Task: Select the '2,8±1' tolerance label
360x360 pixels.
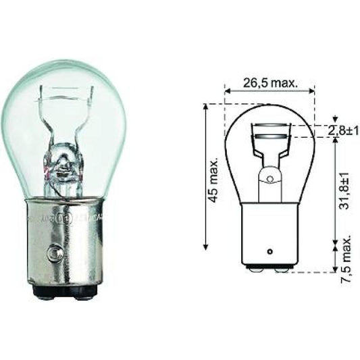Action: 343,131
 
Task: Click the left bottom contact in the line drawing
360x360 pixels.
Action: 254,269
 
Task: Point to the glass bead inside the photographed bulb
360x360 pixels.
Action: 64,162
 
